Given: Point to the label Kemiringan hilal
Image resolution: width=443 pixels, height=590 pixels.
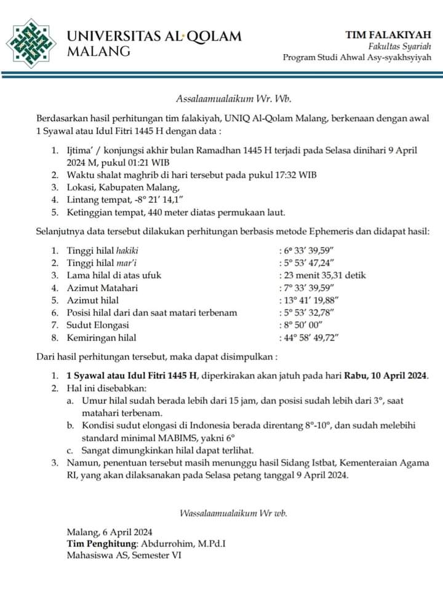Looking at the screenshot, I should [102, 337].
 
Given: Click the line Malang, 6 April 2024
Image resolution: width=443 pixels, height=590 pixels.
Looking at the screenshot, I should [110, 532].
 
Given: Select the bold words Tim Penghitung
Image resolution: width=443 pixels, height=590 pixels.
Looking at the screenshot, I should [103, 544].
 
